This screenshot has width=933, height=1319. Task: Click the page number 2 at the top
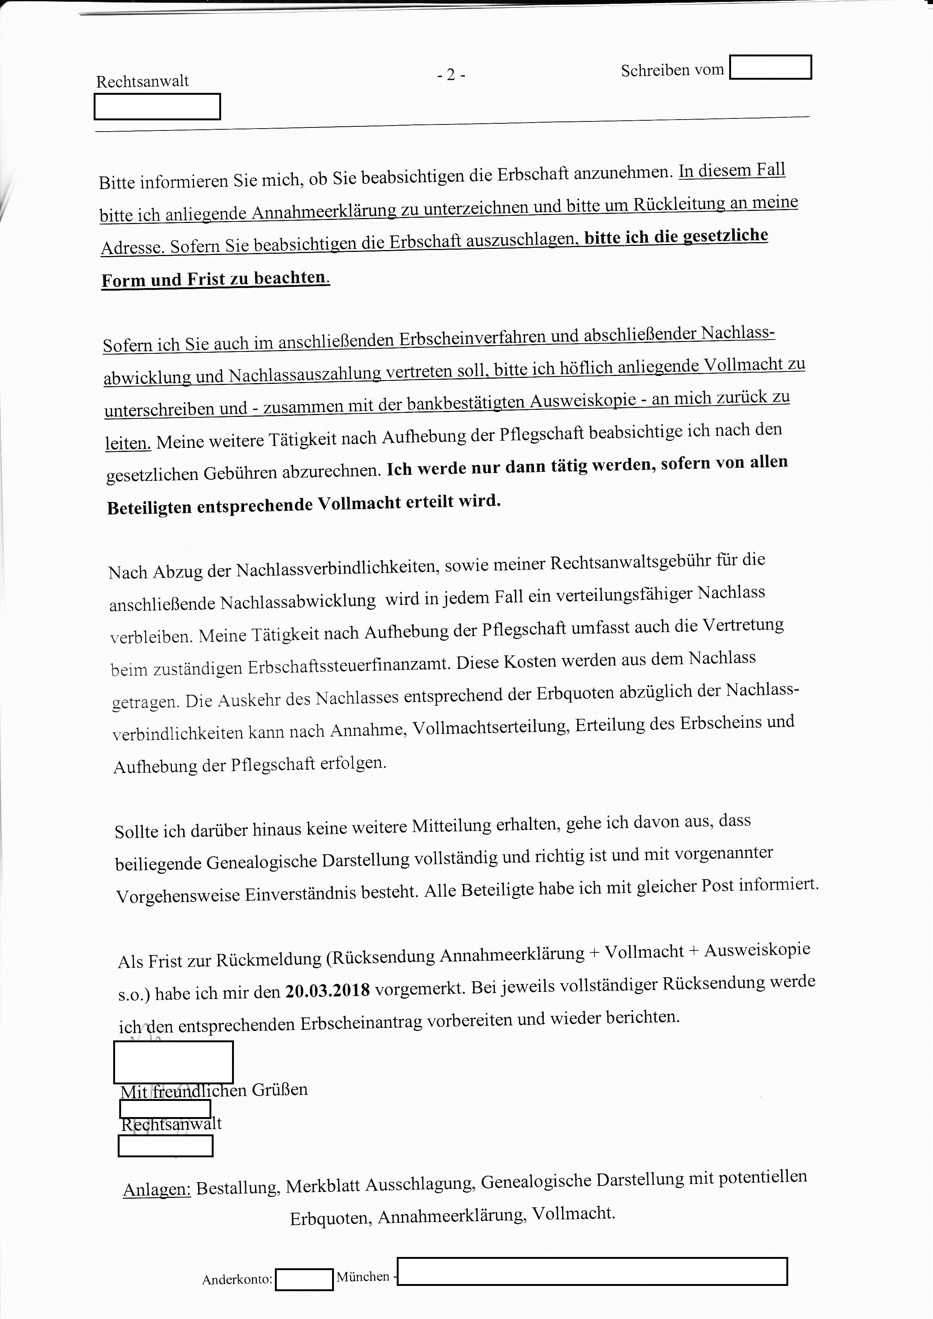[451, 75]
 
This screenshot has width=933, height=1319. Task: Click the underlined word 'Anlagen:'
[157, 1189]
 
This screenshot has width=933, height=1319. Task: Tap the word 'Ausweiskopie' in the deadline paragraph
[757, 950]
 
